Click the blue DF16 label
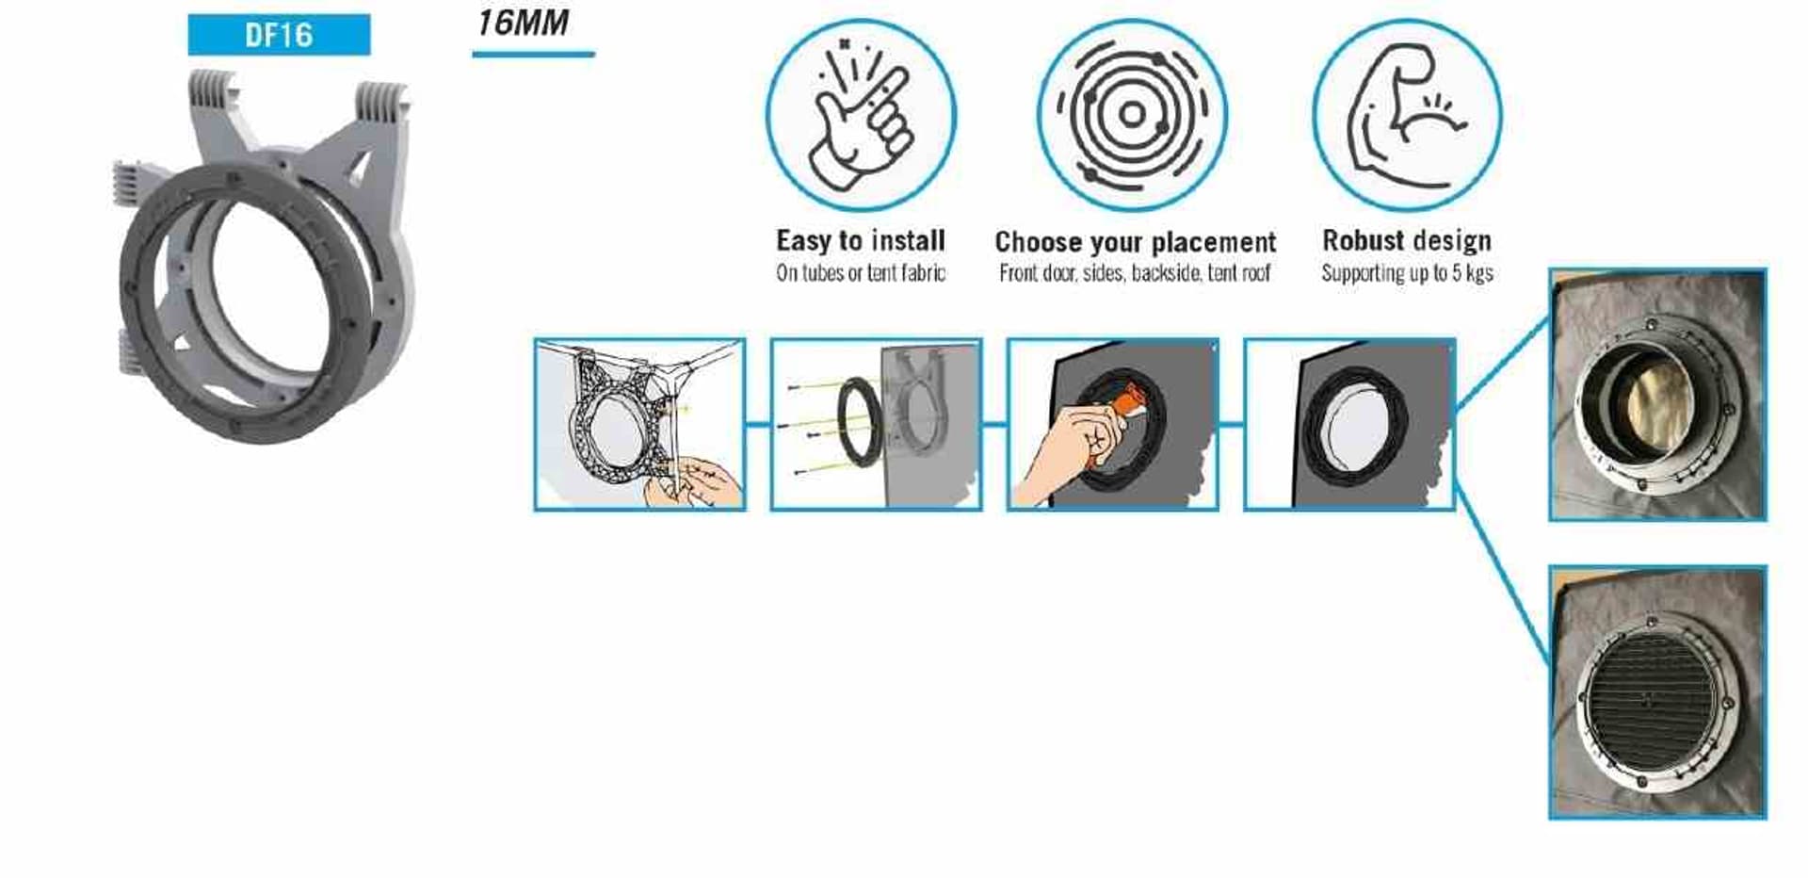pyautogui.click(x=279, y=35)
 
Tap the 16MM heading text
pyautogui.click(x=523, y=23)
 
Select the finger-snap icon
pyautogui.click(x=861, y=115)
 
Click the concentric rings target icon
pyautogui.click(x=1132, y=115)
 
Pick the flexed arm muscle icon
pyautogui.click(x=1406, y=115)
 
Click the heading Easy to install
pyautogui.click(x=861, y=240)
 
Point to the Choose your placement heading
pyautogui.click(x=1135, y=242)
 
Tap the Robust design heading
pyautogui.click(x=1407, y=240)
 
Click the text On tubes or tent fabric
pyautogui.click(x=861, y=273)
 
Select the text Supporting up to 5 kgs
pyautogui.click(x=1407, y=273)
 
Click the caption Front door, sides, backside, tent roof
pyautogui.click(x=1135, y=273)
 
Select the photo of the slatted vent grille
pyautogui.click(x=1657, y=692)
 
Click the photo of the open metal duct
pyautogui.click(x=1657, y=395)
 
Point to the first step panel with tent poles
pyautogui.click(x=639, y=425)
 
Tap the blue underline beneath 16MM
pyautogui.click(x=533, y=55)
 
